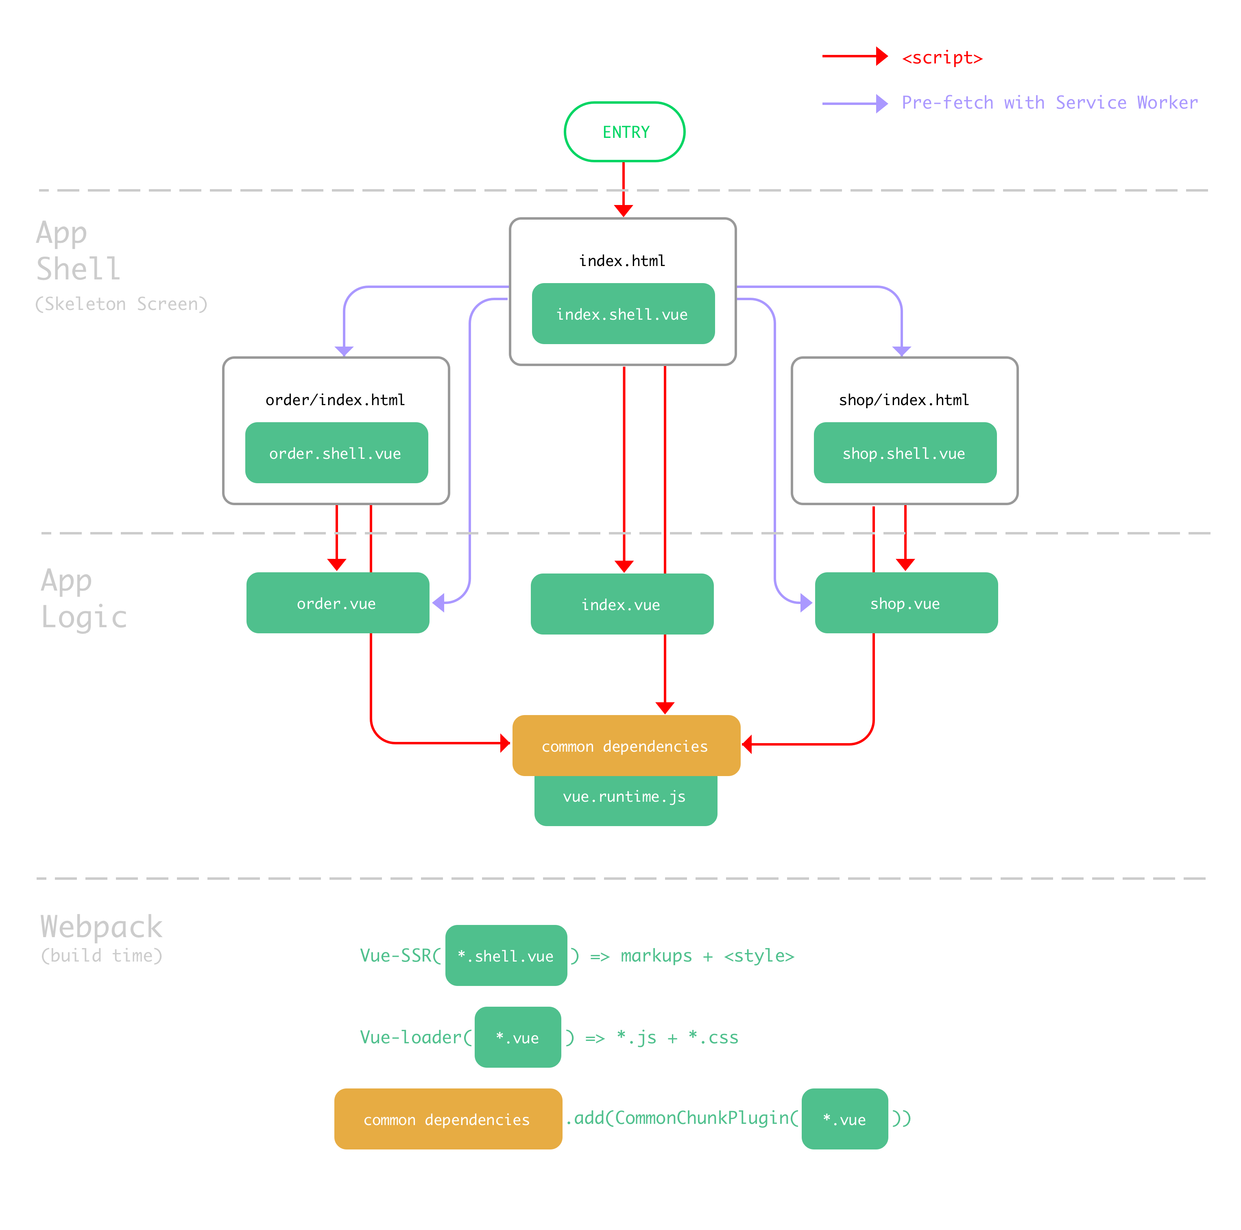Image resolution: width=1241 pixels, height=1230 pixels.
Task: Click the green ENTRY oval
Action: [x=624, y=132]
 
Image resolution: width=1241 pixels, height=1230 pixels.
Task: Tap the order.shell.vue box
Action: [x=336, y=453]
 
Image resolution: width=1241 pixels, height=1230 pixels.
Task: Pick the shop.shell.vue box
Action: [x=905, y=453]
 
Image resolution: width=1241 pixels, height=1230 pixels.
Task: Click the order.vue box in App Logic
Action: [x=337, y=603]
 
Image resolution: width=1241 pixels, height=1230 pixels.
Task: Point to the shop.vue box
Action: [x=906, y=603]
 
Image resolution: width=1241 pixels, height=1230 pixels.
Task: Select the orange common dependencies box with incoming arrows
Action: [x=626, y=746]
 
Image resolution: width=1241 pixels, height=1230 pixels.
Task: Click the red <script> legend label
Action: [x=942, y=58]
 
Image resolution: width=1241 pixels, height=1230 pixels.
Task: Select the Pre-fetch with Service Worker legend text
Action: [x=1049, y=103]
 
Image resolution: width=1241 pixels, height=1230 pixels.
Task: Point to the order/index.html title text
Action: [x=335, y=400]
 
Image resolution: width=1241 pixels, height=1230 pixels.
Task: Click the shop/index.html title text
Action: [x=904, y=400]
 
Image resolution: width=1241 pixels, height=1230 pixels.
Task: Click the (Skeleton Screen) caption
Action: [x=121, y=304]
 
